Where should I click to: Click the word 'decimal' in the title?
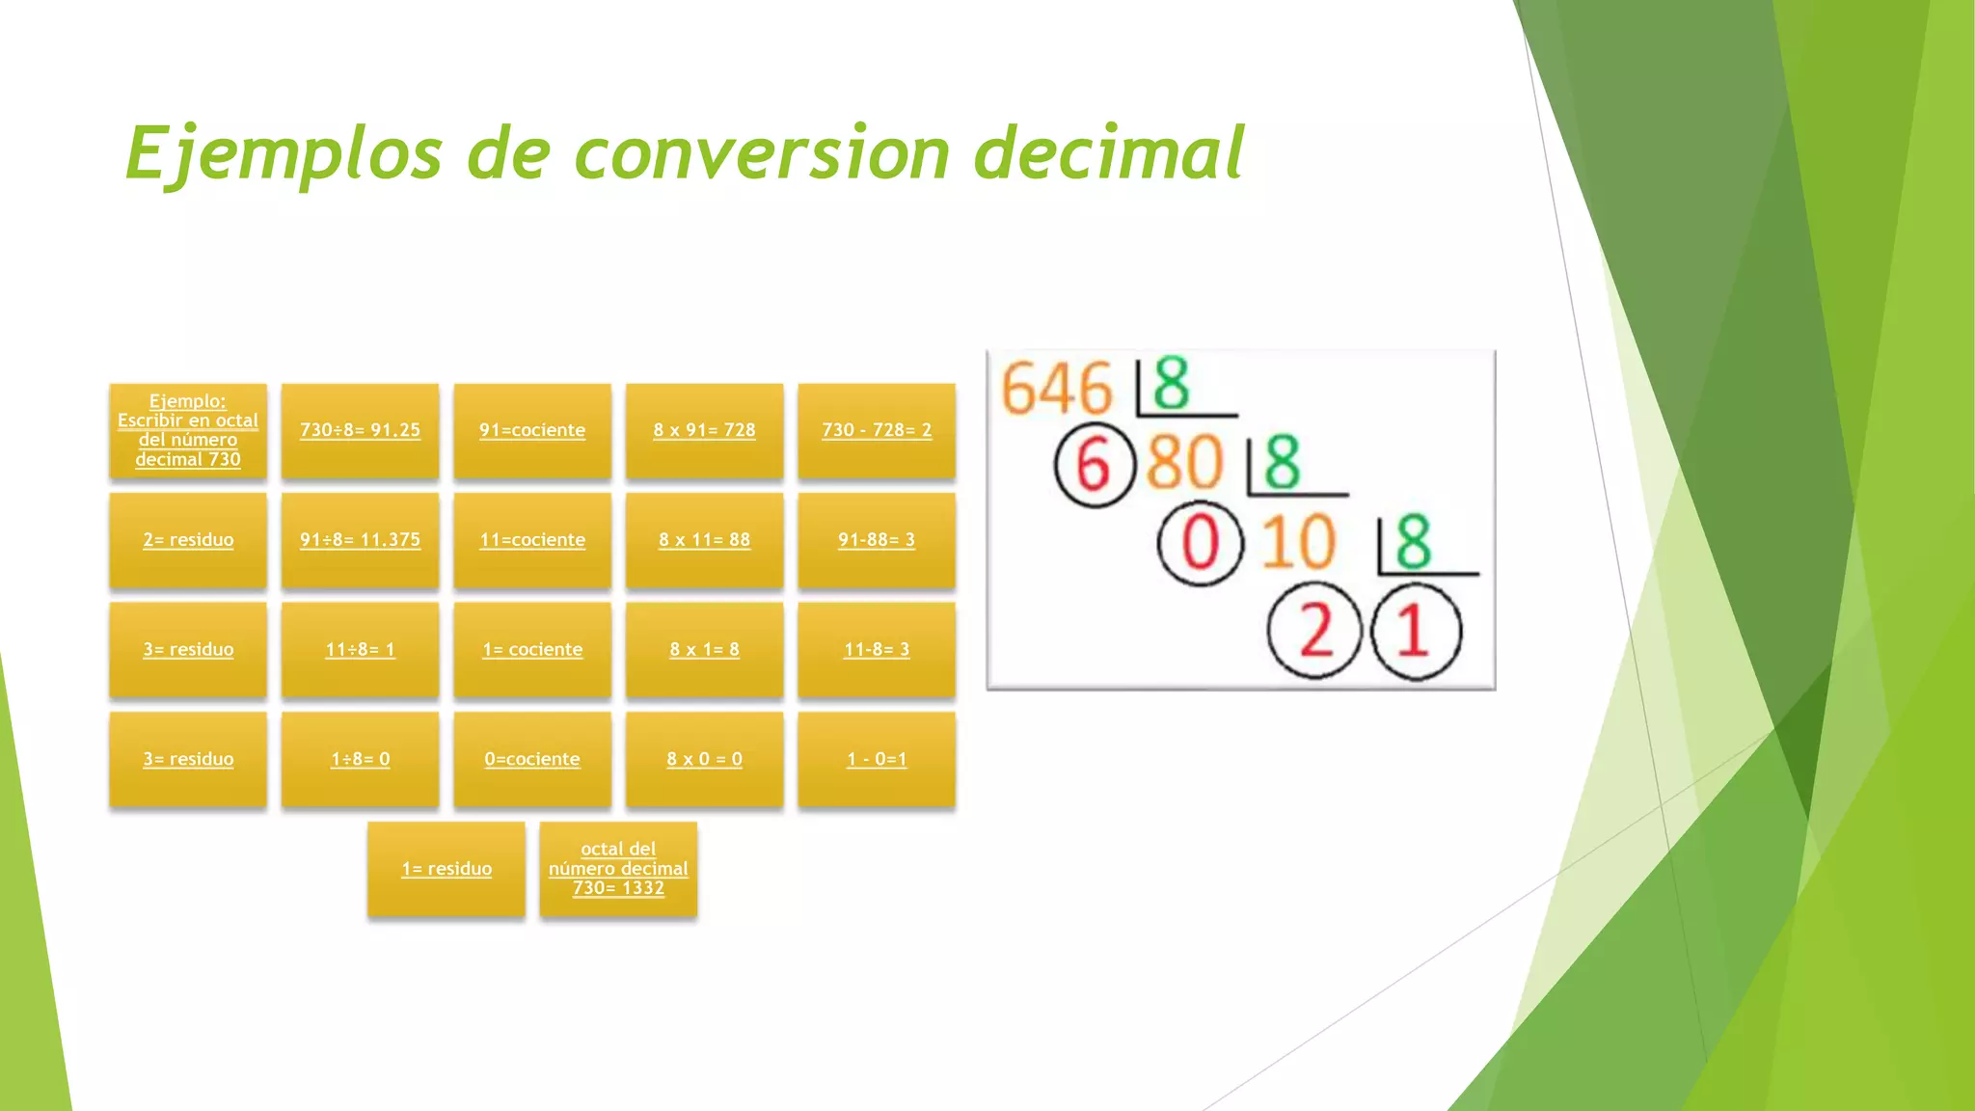coord(1109,154)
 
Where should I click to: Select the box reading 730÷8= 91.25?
coord(360,430)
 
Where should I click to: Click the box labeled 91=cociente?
coord(532,430)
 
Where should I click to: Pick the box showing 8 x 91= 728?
coord(704,430)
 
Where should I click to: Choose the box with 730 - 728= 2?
coord(877,430)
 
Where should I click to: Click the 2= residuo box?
coord(188,540)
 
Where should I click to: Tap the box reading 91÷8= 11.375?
coord(360,540)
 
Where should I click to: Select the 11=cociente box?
coord(532,540)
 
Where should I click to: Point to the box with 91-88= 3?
coord(877,540)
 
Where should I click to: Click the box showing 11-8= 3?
coord(877,650)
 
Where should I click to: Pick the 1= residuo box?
coord(446,869)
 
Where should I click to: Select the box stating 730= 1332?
coord(618,869)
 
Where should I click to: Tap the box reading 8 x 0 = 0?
coord(704,759)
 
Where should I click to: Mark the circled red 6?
coord(1094,467)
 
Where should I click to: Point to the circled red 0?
coord(1200,543)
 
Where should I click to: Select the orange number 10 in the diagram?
coord(1299,543)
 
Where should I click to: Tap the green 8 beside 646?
coord(1171,384)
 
